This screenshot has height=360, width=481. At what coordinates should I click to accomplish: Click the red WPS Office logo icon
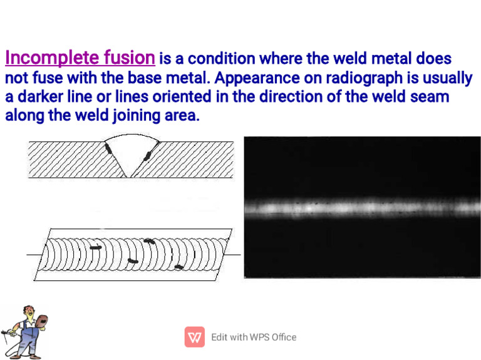coord(195,337)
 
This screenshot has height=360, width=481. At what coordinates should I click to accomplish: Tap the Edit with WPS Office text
coord(254,337)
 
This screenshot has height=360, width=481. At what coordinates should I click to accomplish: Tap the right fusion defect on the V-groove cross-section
coord(149,155)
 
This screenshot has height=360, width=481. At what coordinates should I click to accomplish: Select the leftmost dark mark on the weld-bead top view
coord(95,247)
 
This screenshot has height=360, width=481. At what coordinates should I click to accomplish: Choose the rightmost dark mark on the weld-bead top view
coord(178,267)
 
